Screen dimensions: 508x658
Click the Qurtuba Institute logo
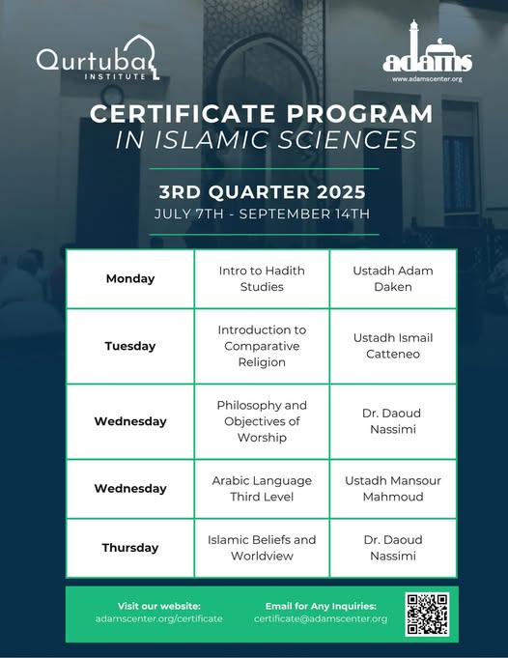(98, 59)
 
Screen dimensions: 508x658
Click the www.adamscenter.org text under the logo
(427, 78)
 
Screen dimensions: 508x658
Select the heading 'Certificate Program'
(261, 114)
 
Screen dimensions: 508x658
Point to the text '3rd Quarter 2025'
(262, 192)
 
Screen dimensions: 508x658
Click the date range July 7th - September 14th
(262, 214)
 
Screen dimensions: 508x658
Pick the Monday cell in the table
(130, 278)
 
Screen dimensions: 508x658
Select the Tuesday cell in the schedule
(130, 346)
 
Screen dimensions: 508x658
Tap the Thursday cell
(130, 548)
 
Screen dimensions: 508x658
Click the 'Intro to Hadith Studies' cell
(262, 278)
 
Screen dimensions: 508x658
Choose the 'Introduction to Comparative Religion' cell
(262, 346)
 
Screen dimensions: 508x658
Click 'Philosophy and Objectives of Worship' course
(262, 421)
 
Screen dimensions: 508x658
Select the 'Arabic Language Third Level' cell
(262, 489)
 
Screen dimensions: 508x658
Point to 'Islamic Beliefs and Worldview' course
(262, 548)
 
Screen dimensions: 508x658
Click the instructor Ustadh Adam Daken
(393, 278)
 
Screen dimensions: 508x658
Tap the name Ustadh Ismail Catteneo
(393, 346)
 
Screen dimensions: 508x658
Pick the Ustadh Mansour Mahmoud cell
(393, 489)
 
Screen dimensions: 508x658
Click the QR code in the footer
(428, 614)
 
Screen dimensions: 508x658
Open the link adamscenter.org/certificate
(159, 618)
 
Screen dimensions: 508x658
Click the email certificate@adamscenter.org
(321, 618)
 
